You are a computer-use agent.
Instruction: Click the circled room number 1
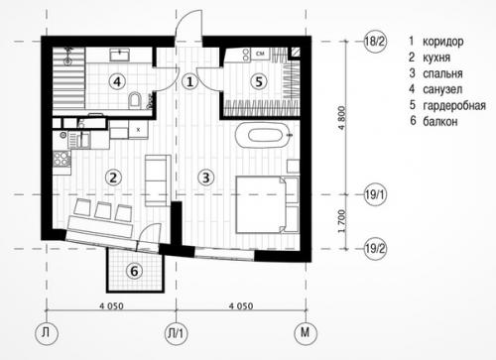pyautogui.click(x=189, y=81)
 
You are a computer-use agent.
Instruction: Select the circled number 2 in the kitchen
pyautogui.click(x=113, y=178)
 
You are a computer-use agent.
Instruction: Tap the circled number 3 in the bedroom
pyautogui.click(x=206, y=178)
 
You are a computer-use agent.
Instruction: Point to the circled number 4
pyautogui.click(x=117, y=81)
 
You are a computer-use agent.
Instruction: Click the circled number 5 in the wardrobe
pyautogui.click(x=259, y=81)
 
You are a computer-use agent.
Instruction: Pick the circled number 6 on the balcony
pyautogui.click(x=134, y=271)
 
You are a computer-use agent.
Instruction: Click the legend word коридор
pyautogui.click(x=443, y=42)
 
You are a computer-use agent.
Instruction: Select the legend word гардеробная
pyautogui.click(x=454, y=106)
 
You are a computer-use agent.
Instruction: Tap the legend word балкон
pyautogui.click(x=440, y=122)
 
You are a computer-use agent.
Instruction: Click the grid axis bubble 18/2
pyautogui.click(x=375, y=42)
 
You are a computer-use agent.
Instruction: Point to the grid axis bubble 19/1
pyautogui.click(x=375, y=194)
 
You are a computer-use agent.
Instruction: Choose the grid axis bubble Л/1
pyautogui.click(x=176, y=333)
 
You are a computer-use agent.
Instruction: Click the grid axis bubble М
pyautogui.click(x=306, y=333)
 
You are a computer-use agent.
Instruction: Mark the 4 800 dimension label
pyautogui.click(x=342, y=118)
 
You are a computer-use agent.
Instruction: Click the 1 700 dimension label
pyautogui.click(x=342, y=221)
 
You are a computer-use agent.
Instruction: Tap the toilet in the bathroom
pyautogui.click(x=135, y=100)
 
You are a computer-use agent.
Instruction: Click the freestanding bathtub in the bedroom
pyautogui.click(x=263, y=135)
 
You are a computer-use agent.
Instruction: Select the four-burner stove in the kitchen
pyautogui.click(x=62, y=159)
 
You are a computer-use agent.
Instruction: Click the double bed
pyautogui.click(x=261, y=204)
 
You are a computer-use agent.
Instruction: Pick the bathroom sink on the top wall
pyautogui.click(x=120, y=55)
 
